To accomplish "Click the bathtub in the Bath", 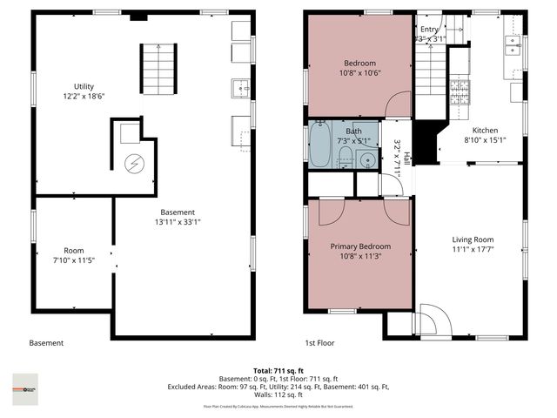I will click(320, 145).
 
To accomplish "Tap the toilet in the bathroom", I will click(345, 158).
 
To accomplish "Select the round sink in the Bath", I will click(366, 159).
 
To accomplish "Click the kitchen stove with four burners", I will click(459, 89).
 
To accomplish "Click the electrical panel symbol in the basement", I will click(135, 163).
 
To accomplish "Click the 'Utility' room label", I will click(84, 86).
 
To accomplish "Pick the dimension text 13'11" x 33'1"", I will click(178, 222).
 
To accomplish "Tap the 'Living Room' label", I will click(473, 239).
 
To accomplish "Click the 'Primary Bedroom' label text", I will click(357, 246).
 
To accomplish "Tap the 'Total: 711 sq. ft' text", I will click(278, 370).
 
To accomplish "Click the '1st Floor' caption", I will click(320, 343).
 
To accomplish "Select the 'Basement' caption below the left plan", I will click(46, 343).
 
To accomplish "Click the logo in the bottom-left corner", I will click(25, 384).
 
